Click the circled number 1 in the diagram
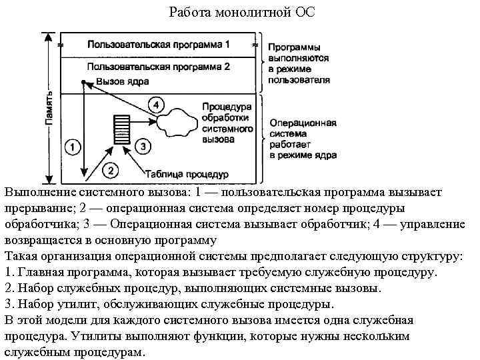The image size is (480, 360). click(x=73, y=146)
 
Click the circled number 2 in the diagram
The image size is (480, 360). click(x=111, y=170)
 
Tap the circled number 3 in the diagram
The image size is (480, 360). click(x=142, y=145)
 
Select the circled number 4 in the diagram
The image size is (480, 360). click(x=155, y=105)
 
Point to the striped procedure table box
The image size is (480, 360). click(x=121, y=129)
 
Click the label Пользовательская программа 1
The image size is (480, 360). click(x=159, y=45)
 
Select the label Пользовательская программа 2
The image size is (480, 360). click(x=158, y=67)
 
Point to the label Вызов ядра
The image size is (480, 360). click(x=122, y=81)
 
